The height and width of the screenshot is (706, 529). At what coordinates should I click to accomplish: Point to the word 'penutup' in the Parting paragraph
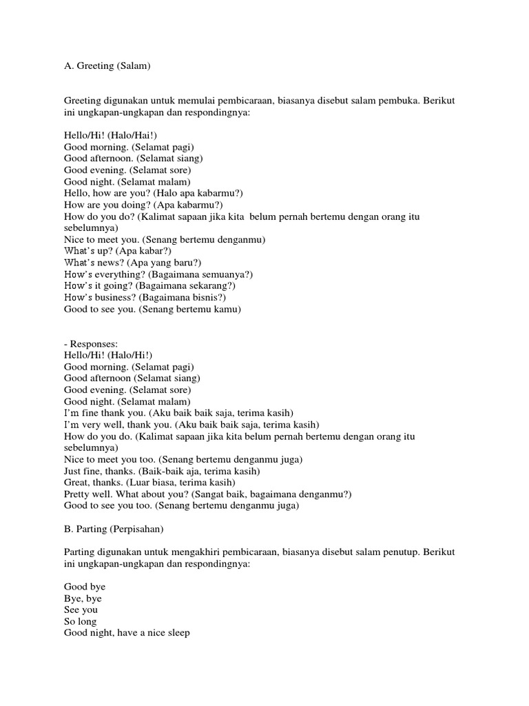pyautogui.click(x=397, y=554)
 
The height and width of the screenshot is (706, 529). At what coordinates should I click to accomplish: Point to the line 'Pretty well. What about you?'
pyautogui.click(x=127, y=494)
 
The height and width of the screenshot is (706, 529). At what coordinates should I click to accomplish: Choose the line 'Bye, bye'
pyautogui.click(x=83, y=598)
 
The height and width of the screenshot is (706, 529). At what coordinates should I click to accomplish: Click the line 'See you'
pyautogui.click(x=81, y=610)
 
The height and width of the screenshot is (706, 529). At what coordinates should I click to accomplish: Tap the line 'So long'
pyautogui.click(x=81, y=622)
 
